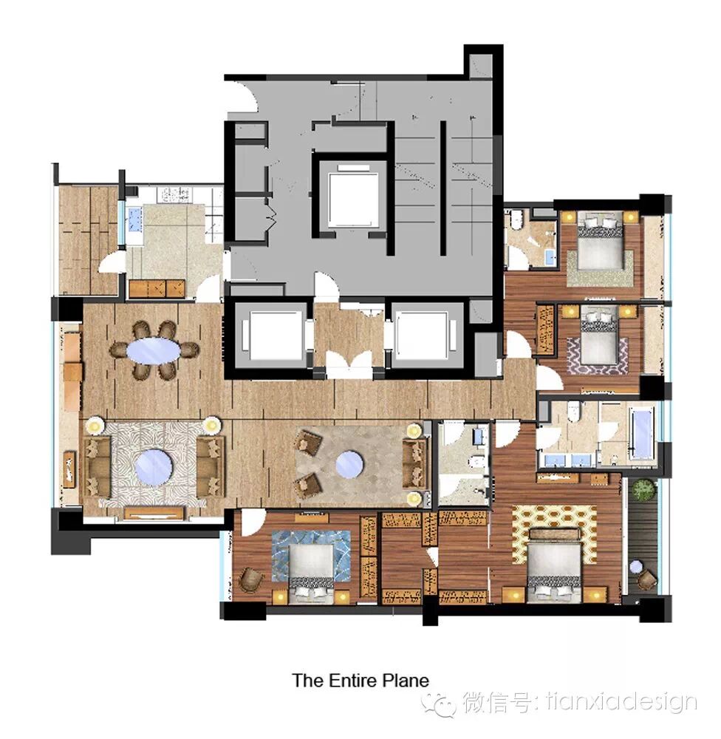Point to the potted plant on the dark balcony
coord(643,490)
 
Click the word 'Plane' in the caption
coord(406,681)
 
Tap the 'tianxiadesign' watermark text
coord(621,704)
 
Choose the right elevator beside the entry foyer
coord(421,335)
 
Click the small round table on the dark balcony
coord(636,567)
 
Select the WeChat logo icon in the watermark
coord(439,704)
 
